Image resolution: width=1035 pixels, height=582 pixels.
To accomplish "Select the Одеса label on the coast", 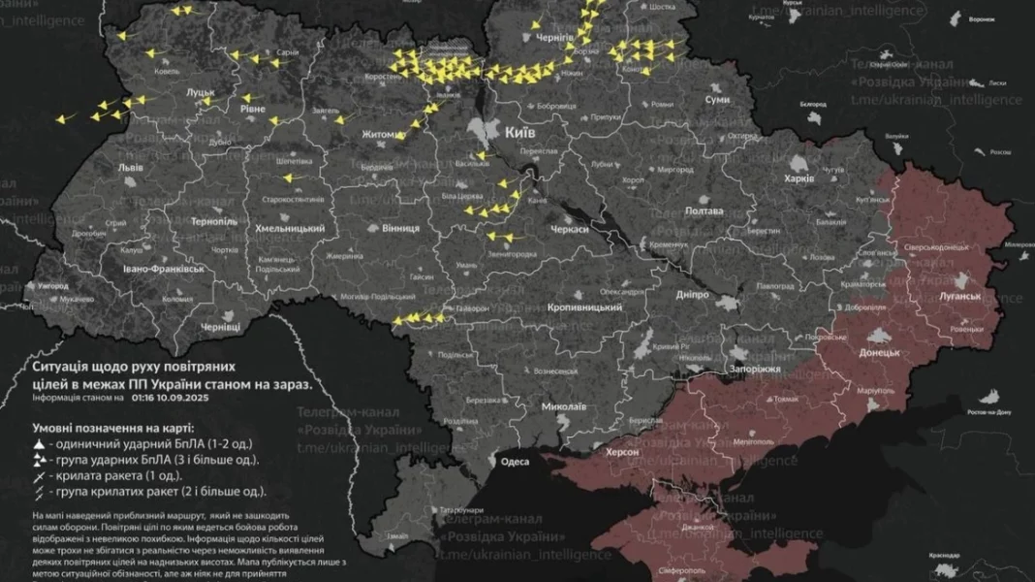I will tap(515, 462).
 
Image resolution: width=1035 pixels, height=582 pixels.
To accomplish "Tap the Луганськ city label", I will tap(960, 294).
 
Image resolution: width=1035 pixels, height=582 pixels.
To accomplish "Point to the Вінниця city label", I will tap(400, 228).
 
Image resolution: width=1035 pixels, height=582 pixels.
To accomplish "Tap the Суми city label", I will tap(717, 100).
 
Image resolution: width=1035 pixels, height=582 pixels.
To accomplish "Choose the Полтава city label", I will tap(704, 210).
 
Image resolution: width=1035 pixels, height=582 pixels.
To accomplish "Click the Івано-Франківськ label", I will tap(164, 268).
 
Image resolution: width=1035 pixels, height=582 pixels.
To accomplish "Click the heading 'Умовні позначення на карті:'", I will tap(111, 427).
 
